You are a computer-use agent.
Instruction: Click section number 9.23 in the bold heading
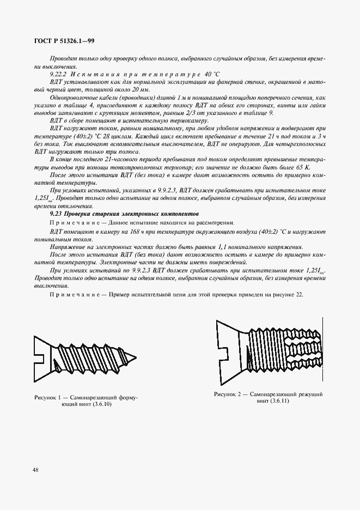point(56,215)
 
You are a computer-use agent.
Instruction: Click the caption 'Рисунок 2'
point(230,393)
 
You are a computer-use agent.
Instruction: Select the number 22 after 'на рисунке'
point(297,295)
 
